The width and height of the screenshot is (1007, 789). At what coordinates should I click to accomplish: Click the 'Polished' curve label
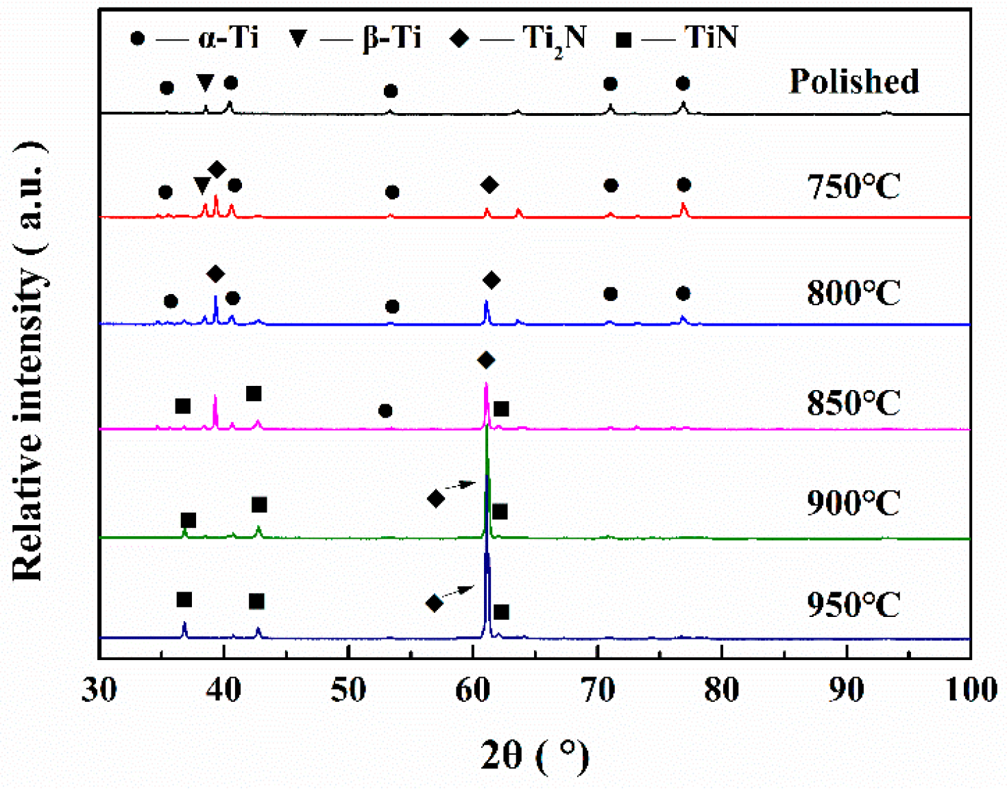(x=853, y=82)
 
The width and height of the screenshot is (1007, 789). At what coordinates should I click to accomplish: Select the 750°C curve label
(x=853, y=186)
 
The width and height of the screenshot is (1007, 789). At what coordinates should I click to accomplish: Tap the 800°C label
(x=853, y=293)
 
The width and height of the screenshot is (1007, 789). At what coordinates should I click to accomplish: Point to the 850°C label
(x=853, y=402)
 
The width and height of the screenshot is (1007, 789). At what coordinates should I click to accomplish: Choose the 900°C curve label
(x=853, y=503)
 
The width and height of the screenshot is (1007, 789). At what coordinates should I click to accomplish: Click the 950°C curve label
(x=853, y=605)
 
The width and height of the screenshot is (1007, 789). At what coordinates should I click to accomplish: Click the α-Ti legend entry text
(x=228, y=37)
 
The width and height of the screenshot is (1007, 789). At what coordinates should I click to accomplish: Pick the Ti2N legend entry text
(x=554, y=38)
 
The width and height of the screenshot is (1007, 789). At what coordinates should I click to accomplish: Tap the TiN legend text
(x=710, y=37)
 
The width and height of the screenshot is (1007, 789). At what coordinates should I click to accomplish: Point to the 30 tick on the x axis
(x=99, y=690)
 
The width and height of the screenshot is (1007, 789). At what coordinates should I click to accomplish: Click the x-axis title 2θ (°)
(x=535, y=756)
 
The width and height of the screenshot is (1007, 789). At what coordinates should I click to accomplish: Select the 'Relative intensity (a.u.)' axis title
(x=29, y=360)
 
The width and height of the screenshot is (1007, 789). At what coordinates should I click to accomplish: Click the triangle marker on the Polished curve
(x=205, y=83)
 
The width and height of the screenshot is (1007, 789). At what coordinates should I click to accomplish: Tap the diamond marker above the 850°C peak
(x=486, y=360)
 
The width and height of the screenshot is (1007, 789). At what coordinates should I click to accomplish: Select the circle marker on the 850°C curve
(x=385, y=411)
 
